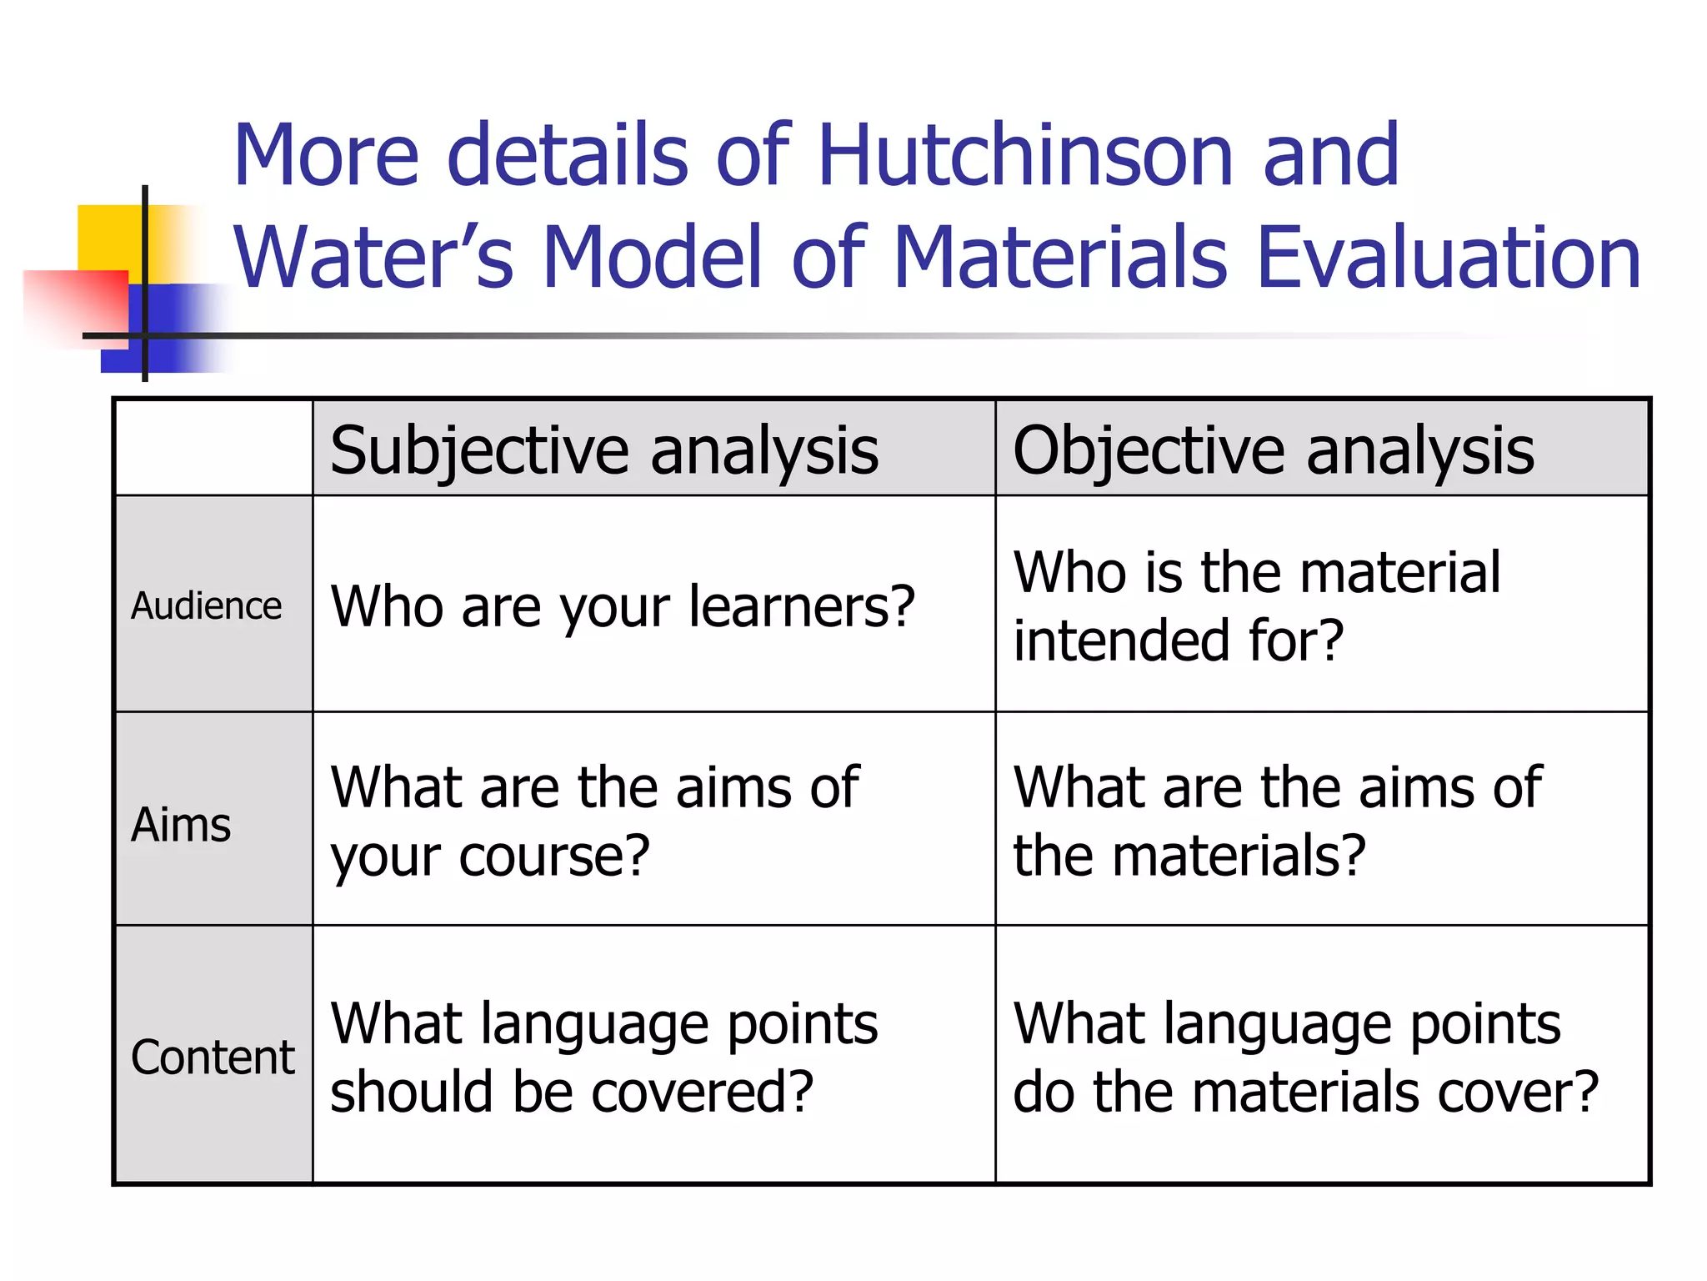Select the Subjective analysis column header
(x=604, y=450)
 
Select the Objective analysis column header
(x=1273, y=450)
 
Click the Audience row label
(x=207, y=605)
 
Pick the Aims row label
(x=181, y=825)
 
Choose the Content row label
(x=213, y=1057)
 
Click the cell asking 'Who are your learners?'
(x=623, y=605)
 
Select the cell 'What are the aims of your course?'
(x=593, y=821)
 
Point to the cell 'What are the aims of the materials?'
(x=1277, y=821)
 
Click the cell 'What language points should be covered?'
(x=603, y=1057)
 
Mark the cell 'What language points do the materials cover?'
(x=1305, y=1057)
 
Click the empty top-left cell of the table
(x=213, y=448)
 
